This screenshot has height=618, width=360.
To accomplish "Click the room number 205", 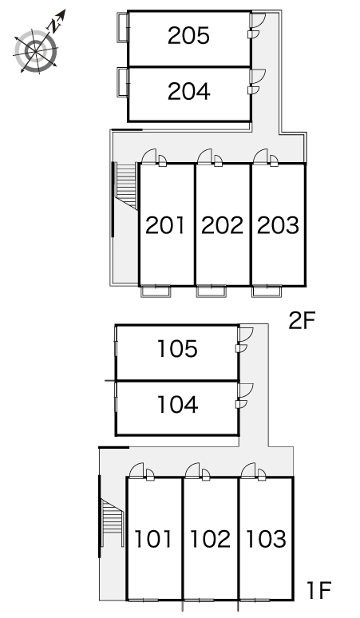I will pos(188,35).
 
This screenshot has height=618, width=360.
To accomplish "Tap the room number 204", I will pos(188,92).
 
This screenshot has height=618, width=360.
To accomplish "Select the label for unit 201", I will pos(165,225).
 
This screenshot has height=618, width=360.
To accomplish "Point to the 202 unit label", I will pos(222,225).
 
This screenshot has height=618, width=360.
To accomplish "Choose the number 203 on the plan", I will pos(278,225).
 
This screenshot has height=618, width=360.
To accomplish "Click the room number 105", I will pos(177,349).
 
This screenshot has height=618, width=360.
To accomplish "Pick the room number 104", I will pos(177,406).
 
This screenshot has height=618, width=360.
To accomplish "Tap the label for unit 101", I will pos(153,539).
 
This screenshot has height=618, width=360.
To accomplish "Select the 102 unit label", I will pos(210,539).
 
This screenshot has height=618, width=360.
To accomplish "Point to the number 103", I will pos(266,539).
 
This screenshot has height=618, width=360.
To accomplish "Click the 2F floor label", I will pos(304,322).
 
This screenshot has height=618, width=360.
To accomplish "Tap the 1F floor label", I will pos(318,591).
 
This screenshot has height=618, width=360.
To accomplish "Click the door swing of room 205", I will pos(257,23).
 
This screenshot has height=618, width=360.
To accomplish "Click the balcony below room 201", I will pos(156,291).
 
